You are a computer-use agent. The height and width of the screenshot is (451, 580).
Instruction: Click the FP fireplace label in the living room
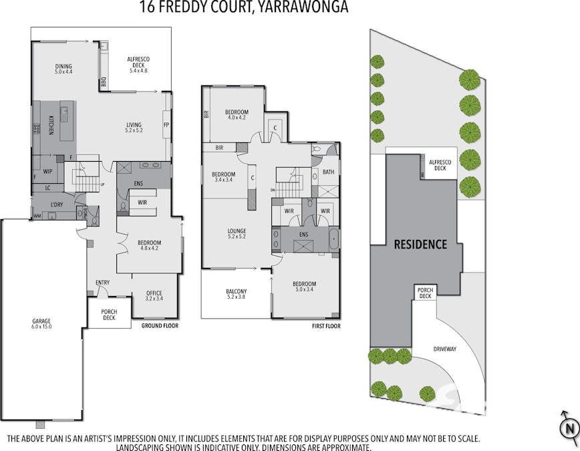pyautogui.click(x=166, y=125)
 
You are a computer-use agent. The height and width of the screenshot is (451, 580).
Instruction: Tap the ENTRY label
pyautogui.click(x=102, y=283)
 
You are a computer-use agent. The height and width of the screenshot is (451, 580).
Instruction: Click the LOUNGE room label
pyautogui.click(x=237, y=233)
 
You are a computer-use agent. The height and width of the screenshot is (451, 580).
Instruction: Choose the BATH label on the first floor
pyautogui.click(x=328, y=172)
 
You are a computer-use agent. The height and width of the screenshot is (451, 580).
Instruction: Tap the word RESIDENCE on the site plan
pyautogui.click(x=420, y=245)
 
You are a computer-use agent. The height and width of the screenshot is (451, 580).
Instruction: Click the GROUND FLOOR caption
pyautogui.click(x=161, y=326)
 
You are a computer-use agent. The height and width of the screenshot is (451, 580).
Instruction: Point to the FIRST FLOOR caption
pyautogui.click(x=326, y=326)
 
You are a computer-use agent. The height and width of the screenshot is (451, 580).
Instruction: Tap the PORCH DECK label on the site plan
pyautogui.click(x=425, y=293)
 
